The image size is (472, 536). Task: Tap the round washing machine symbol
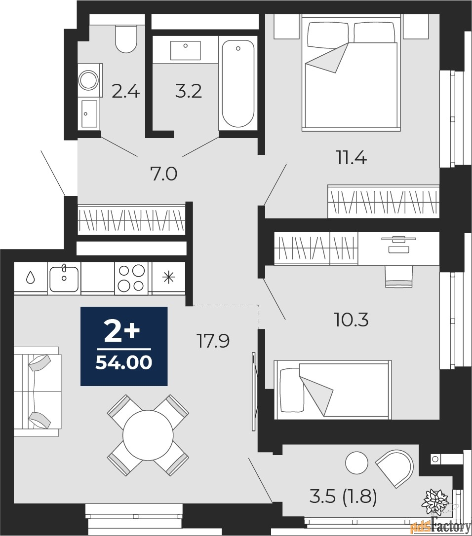click(89, 79)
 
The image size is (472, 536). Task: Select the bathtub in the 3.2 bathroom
click(237, 84)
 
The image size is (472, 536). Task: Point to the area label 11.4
click(351, 159)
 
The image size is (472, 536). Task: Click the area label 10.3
click(352, 321)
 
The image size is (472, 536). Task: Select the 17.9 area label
click(213, 341)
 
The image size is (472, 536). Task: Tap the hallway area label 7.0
click(163, 174)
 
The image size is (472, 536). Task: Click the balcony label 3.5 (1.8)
click(343, 497)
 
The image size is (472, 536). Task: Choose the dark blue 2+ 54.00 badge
click(124, 346)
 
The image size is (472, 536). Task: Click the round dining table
click(148, 434)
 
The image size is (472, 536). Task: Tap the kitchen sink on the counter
click(64, 279)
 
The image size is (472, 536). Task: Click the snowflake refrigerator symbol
click(169, 278)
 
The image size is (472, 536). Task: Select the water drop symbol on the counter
click(30, 278)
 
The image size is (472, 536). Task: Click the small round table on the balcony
click(356, 463)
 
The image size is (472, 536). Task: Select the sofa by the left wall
click(37, 391)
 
